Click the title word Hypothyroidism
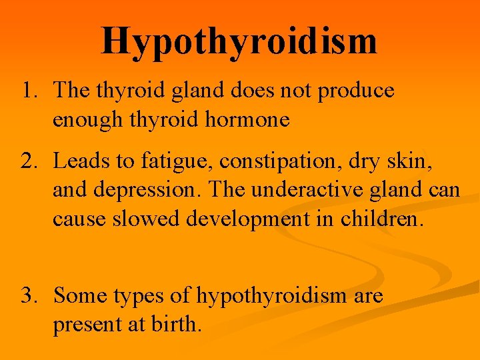click(239, 41)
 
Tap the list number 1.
click(29, 91)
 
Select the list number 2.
click(29, 162)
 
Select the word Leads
click(79, 162)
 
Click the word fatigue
click(169, 162)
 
